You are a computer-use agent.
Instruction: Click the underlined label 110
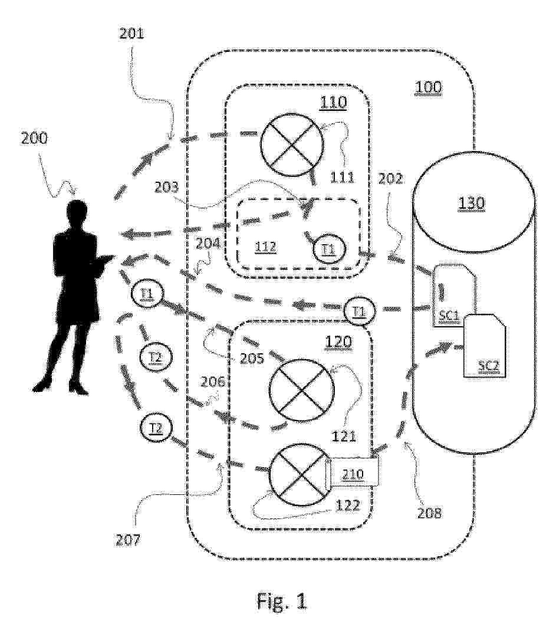pyautogui.click(x=333, y=103)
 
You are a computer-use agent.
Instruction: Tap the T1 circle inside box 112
pyautogui.click(x=328, y=249)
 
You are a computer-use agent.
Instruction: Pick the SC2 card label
pyautogui.click(x=488, y=365)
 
